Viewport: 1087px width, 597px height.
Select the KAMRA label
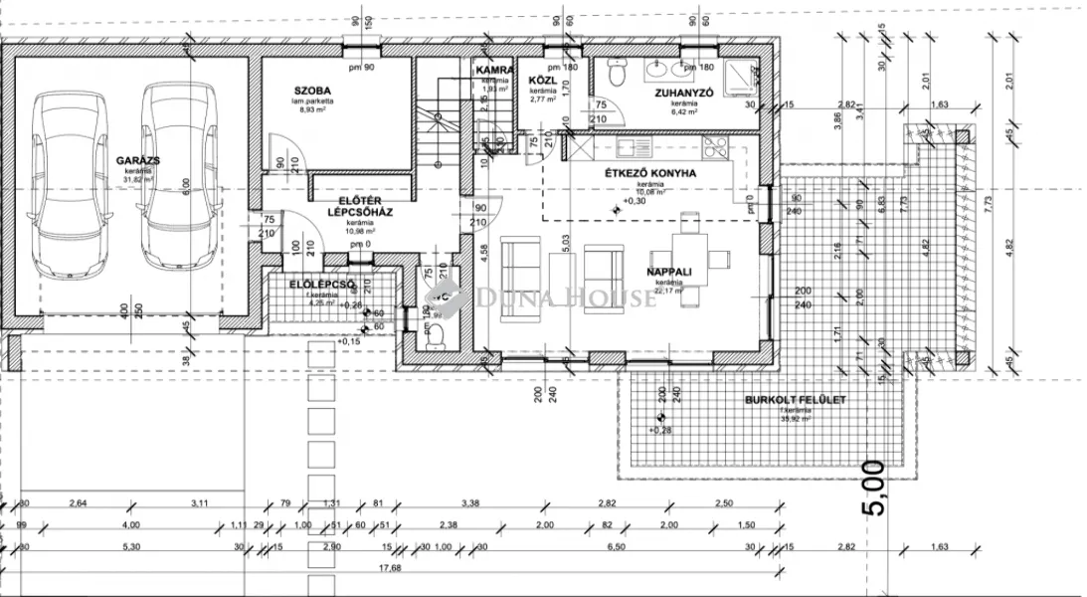click(x=494, y=71)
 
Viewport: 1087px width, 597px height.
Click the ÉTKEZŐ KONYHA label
click(x=650, y=173)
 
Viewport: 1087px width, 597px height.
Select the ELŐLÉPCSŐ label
click(x=322, y=285)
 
